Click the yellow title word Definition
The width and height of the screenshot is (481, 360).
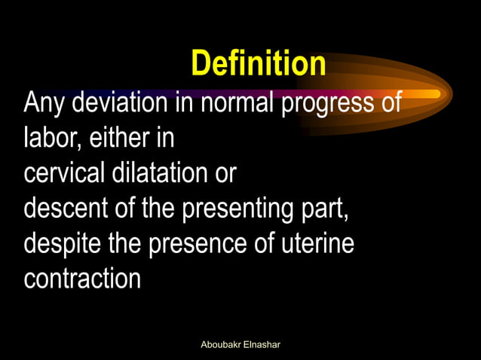(x=258, y=63)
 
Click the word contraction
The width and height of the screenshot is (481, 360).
(x=82, y=279)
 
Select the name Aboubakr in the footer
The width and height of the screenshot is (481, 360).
(x=221, y=344)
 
